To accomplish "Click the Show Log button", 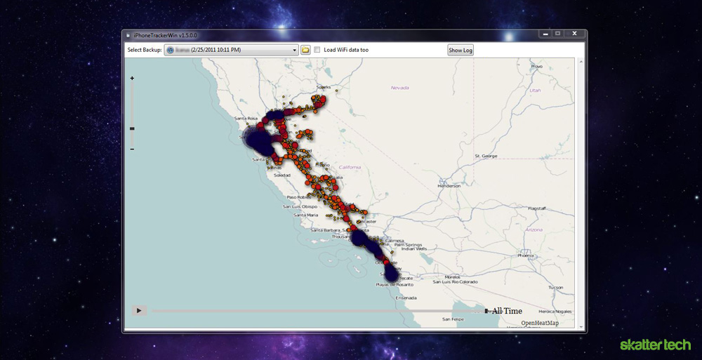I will tap(461, 50).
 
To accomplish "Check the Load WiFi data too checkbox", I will tap(317, 50).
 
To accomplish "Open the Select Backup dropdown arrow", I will tap(296, 50).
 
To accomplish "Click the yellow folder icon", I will tap(305, 50).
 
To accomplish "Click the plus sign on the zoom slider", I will tap(132, 79).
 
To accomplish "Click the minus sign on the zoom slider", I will tap(132, 149).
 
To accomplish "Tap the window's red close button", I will tap(575, 33).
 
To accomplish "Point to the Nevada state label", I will tap(399, 88).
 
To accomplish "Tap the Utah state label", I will tap(535, 90).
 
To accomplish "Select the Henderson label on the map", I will tap(449, 186).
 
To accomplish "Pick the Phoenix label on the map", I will tap(526, 255).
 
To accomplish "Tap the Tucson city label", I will tap(556, 287).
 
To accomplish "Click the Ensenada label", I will tap(406, 298).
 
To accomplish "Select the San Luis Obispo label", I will tap(300, 206).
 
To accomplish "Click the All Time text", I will tap(507, 311).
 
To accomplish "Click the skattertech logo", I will tap(655, 345).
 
